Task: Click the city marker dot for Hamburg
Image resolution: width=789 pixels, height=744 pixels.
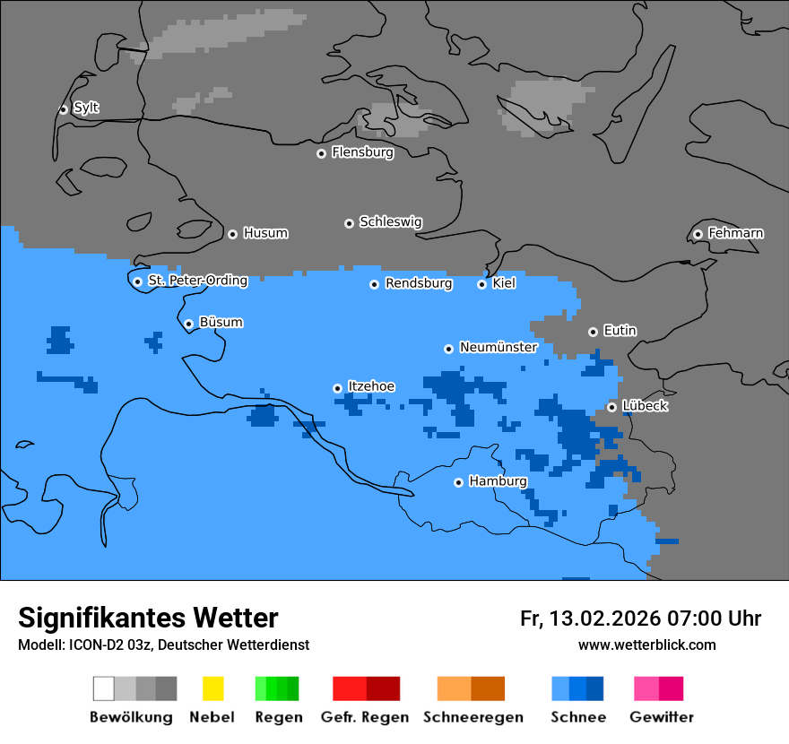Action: coord(458,482)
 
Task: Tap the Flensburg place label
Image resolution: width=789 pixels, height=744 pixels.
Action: coord(362,152)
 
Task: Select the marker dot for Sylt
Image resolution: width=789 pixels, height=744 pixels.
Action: coord(64,109)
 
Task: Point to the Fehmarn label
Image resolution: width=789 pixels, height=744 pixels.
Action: coord(735,233)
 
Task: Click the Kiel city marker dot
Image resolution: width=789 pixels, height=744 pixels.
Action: coord(481,284)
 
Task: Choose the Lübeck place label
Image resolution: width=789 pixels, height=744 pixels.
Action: coord(645,406)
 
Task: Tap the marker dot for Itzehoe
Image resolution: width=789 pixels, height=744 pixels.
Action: coord(337,388)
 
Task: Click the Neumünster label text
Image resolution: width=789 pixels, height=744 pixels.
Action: coord(498,347)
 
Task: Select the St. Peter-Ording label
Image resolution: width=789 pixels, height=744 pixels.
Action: coord(197,281)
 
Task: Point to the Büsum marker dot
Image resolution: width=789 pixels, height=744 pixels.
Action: coord(188,324)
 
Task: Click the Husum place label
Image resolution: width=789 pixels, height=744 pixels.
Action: coord(265,233)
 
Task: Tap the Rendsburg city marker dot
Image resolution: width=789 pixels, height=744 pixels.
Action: coord(375,284)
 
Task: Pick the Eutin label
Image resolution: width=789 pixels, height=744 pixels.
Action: coord(620,331)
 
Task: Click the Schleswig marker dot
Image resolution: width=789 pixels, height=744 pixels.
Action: coord(349,223)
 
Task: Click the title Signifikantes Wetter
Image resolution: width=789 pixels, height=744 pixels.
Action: coord(148,618)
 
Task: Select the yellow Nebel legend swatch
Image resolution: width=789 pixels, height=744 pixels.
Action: coord(212,688)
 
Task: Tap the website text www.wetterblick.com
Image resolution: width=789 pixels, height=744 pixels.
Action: coord(646,645)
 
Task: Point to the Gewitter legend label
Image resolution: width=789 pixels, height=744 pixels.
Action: coord(661,717)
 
